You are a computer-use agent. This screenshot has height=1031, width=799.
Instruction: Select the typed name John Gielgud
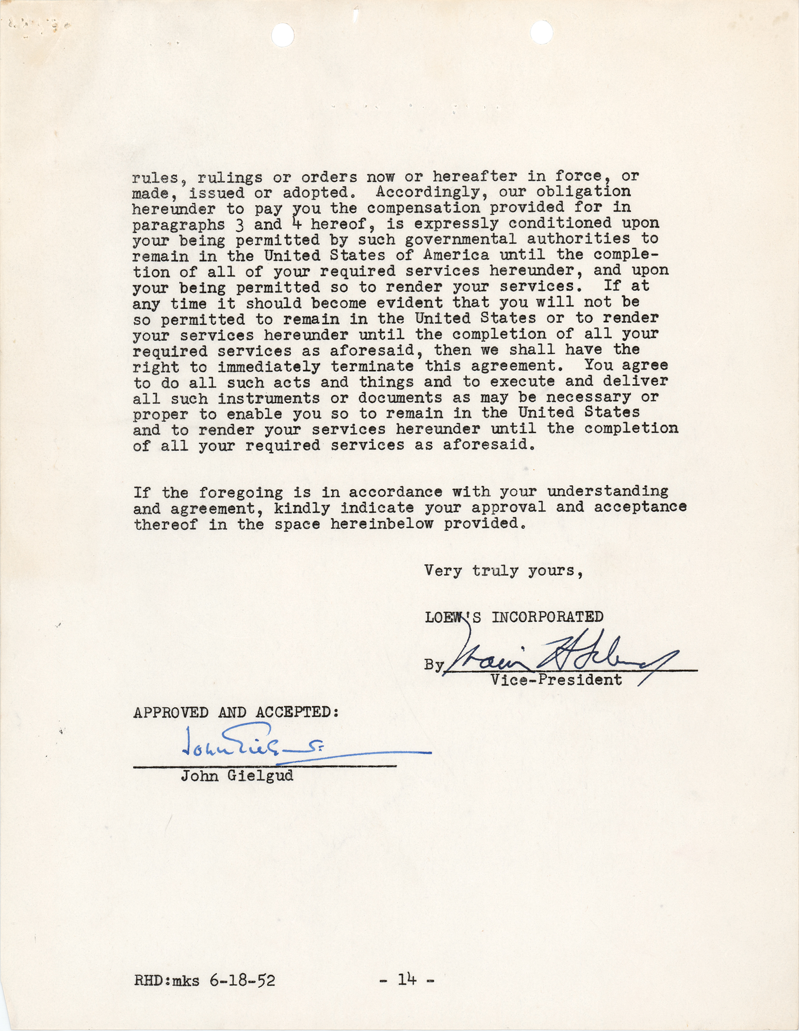pyautogui.click(x=237, y=776)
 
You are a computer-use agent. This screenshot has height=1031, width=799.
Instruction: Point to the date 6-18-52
pyautogui.click(x=242, y=980)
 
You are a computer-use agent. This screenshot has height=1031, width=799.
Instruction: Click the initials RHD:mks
pyautogui.click(x=166, y=980)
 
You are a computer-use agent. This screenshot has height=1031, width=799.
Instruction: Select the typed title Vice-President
pyautogui.click(x=556, y=680)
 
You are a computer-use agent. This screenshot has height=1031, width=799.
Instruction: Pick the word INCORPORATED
pyautogui.click(x=547, y=617)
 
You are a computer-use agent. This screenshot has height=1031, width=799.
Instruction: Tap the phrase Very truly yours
pyautogui.click(x=503, y=571)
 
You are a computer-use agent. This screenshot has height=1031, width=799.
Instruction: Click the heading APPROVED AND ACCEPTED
pyautogui.click(x=236, y=712)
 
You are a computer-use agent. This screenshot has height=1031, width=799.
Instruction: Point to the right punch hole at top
pyautogui.click(x=541, y=32)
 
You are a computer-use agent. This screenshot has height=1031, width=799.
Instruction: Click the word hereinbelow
pyautogui.click(x=381, y=524)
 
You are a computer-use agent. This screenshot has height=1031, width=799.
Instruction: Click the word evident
pyautogui.click(x=404, y=302)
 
